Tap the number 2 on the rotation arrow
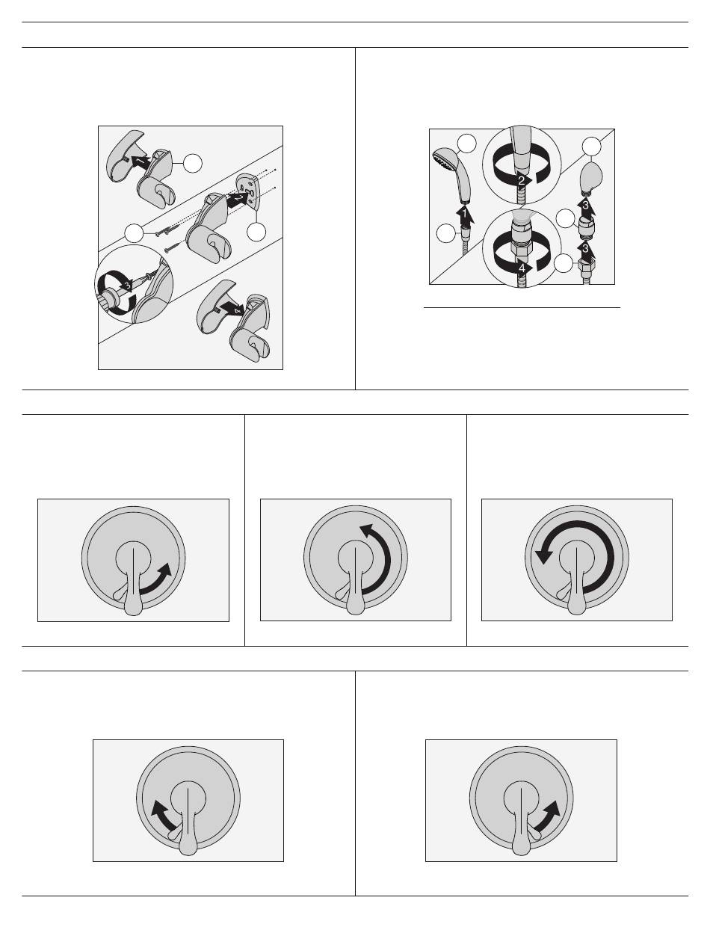522,181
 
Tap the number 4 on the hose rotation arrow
522,268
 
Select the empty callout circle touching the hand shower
466,144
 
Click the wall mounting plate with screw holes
249,191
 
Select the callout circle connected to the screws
134,233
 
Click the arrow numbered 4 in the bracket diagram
231,309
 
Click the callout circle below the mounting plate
256,232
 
